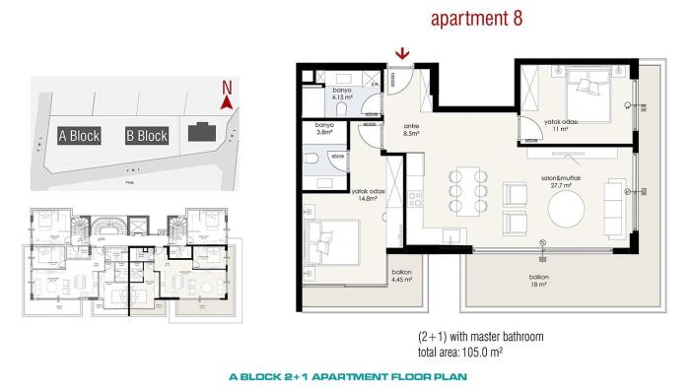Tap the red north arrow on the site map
pos(226,98)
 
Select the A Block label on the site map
pos(79,136)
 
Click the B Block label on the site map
pos(147,136)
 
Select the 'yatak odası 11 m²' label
pos(561,124)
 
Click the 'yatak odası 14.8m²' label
pos(367,195)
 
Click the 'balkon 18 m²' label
pos(538,281)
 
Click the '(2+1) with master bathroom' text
pos(480,337)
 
